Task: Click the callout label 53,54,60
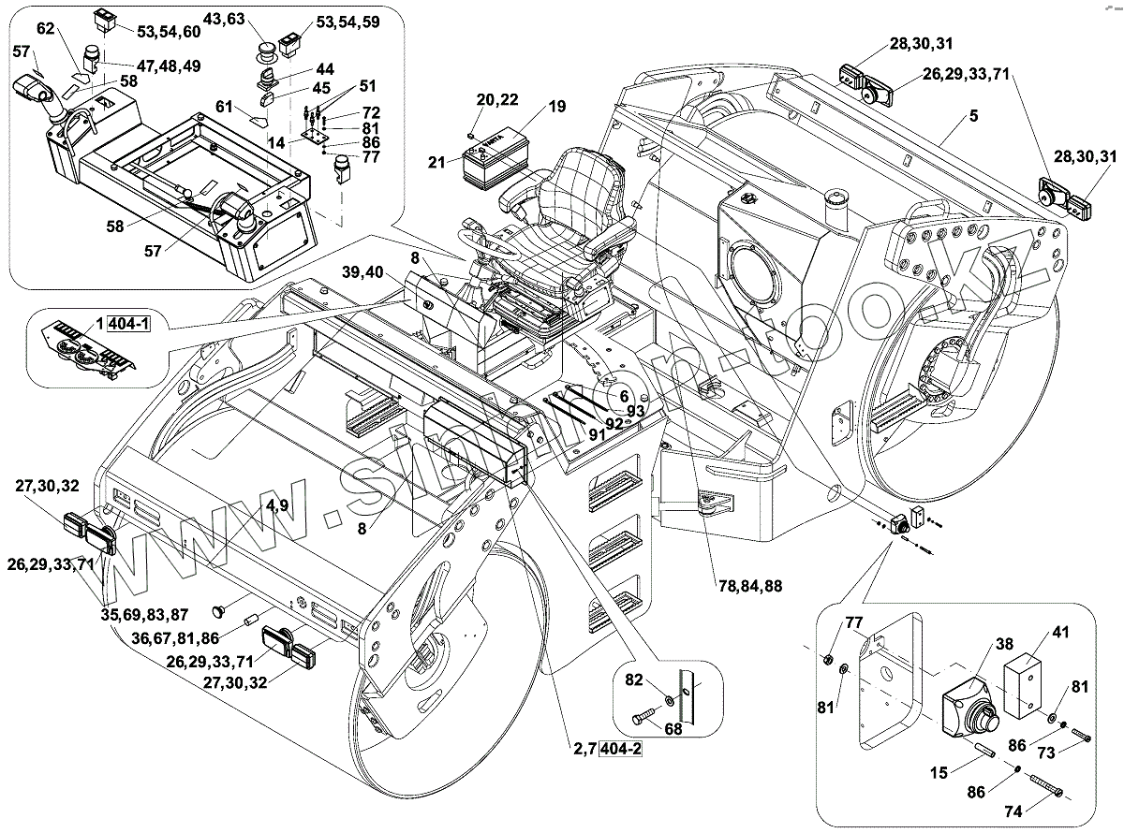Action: (169, 32)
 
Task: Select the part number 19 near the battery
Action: (557, 107)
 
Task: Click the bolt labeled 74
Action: (1037, 786)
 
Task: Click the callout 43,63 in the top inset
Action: (225, 19)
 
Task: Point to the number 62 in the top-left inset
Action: (46, 29)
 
